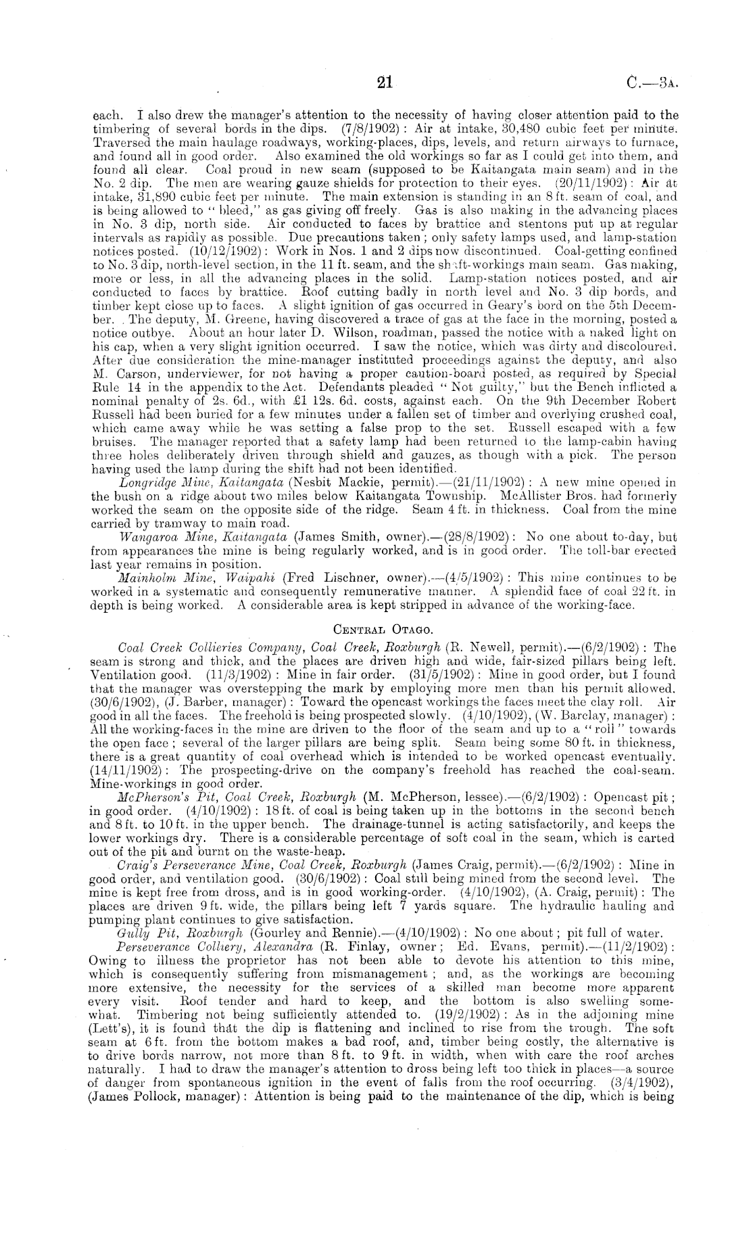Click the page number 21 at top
[385, 83]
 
